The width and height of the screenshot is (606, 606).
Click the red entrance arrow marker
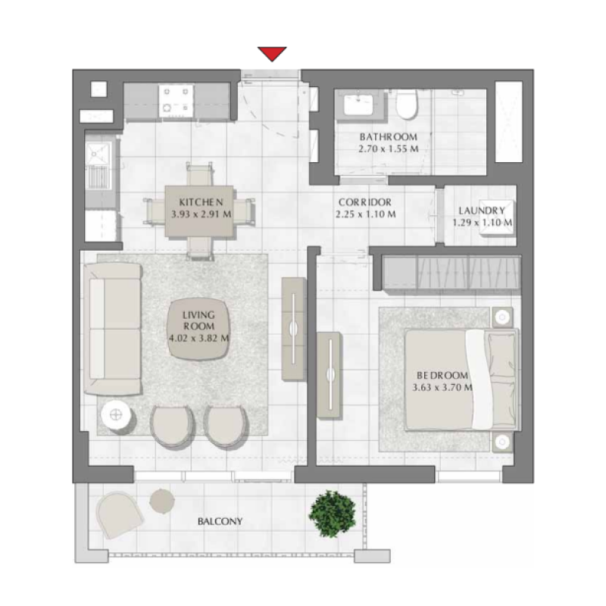pos(271,54)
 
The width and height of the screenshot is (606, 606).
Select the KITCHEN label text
pos(200,202)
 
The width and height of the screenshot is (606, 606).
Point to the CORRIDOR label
pos(364,202)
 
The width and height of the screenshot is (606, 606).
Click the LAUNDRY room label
pos(482,211)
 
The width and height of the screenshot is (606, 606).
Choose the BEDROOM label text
pos(442,375)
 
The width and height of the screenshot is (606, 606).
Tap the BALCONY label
pos(220,521)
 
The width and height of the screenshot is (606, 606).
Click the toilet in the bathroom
pos(408,105)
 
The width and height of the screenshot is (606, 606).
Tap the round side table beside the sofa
pos(115,414)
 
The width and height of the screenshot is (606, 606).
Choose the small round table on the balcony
pos(161,499)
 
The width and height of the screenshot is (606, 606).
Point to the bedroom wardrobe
pos(451,272)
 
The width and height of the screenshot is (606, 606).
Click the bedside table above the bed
pos(501,317)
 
